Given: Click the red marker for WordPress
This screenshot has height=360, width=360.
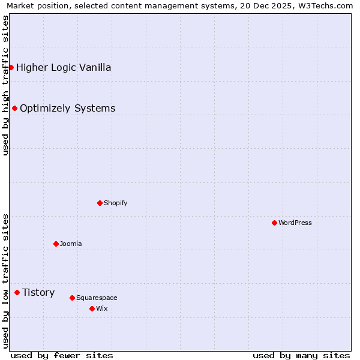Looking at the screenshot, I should coord(274,223).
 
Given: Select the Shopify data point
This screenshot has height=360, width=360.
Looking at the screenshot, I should coord(100,203).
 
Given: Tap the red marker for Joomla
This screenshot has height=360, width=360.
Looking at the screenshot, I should coord(56,244).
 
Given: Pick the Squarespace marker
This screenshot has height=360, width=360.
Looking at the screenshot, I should coord(72,298).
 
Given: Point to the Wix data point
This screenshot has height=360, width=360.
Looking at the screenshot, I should coord(92,308).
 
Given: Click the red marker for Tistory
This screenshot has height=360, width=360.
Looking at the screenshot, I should coord(17,292).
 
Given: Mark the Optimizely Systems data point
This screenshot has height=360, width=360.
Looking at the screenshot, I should coord(14,108).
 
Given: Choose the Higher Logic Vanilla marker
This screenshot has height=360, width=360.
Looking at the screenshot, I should coord(11,67).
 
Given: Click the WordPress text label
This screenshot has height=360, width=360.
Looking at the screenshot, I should coord(295,223).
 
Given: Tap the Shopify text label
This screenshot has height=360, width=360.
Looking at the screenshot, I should coord(116,203).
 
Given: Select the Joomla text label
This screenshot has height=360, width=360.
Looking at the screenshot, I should coord(71,244).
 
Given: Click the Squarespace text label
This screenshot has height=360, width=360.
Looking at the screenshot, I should coord(97,298).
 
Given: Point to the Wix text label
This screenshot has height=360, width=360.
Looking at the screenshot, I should coord(101,308).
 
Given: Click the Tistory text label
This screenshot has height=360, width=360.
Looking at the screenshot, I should coord(38,292).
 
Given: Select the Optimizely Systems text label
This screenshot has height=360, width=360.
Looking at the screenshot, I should coord(67,108).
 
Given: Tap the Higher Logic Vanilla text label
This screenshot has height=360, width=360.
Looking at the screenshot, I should coord(64,67).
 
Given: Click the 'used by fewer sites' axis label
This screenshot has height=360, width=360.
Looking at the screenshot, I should coord(61,355).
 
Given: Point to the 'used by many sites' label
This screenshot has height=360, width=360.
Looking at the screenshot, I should coord(301,355).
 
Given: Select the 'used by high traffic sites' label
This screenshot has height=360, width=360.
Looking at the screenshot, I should coord(6,85).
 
